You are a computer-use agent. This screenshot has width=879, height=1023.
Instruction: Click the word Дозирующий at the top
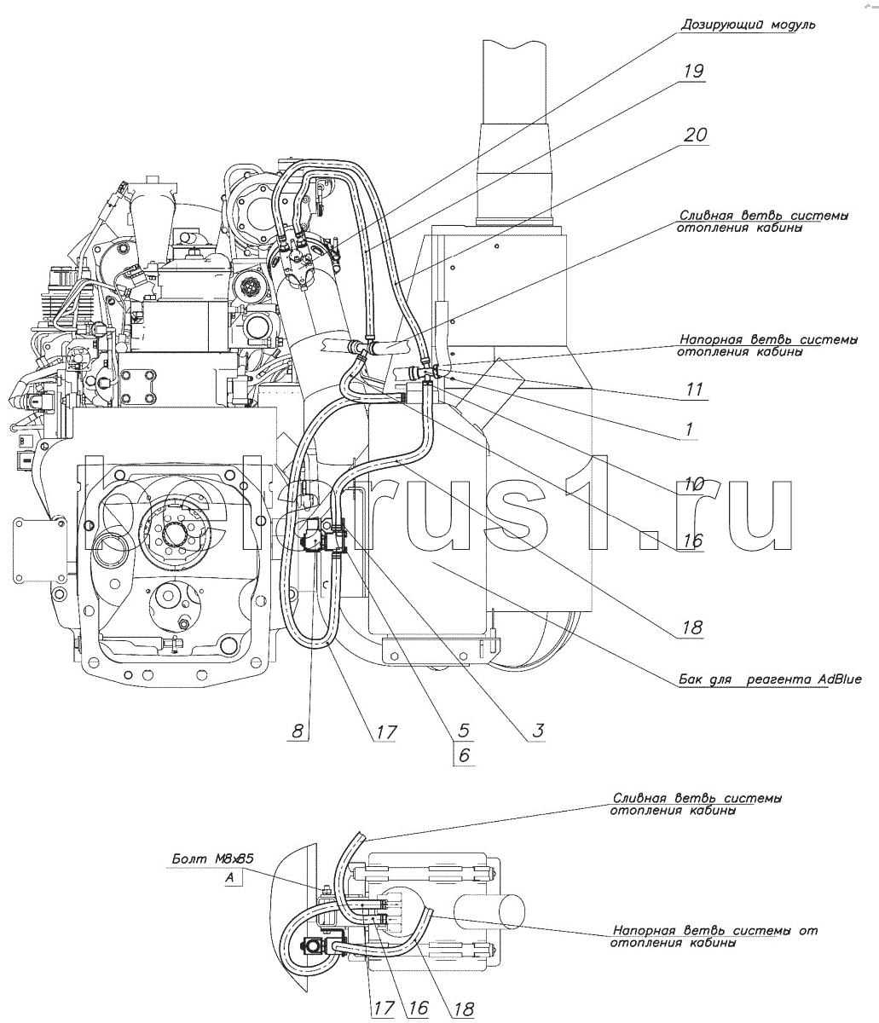coord(715,25)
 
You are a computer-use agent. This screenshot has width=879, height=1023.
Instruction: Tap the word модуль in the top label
coord(789,25)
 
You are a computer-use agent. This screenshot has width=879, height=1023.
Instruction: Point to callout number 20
coord(696,135)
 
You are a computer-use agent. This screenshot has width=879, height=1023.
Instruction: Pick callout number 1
coord(688,431)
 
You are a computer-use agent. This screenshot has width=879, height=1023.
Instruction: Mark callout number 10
coord(692,484)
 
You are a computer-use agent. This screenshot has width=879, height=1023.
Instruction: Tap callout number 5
coord(465,730)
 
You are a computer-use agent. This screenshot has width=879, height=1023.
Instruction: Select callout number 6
coord(465,754)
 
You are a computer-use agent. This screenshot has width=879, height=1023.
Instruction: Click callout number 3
coord(539,730)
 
